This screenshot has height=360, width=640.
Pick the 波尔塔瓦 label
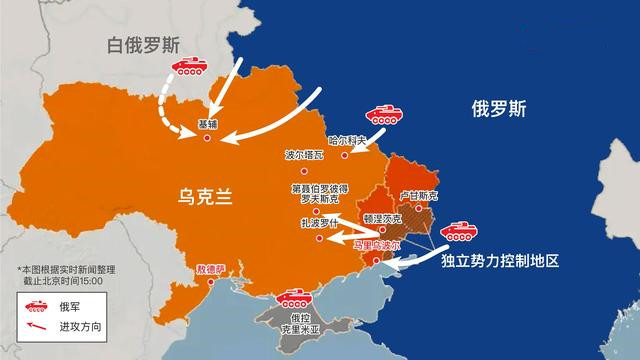point(305,156)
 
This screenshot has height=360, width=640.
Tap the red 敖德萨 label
point(212,270)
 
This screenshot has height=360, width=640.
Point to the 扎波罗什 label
point(314,224)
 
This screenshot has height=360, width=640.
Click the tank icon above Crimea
point(296,297)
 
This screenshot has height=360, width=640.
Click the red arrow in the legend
point(35,327)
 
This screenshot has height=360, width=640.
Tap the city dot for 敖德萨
point(211,283)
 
